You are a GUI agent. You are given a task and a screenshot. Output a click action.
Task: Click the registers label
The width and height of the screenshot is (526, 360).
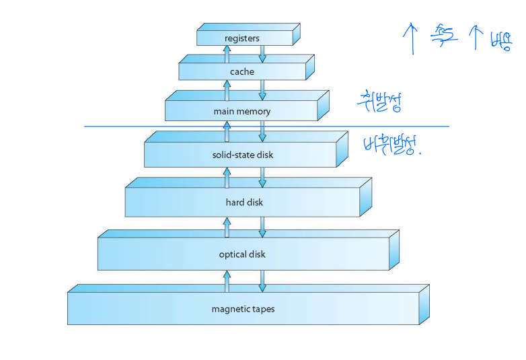click(x=241, y=39)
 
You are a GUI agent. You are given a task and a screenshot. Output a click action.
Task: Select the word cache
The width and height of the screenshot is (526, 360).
click(x=241, y=71)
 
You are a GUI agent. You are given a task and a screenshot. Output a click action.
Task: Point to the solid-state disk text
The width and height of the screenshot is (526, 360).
click(x=243, y=155)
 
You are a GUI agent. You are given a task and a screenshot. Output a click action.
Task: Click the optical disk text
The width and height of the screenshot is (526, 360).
click(x=242, y=254)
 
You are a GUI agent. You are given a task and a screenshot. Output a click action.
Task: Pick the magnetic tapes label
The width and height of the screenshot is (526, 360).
click(x=243, y=310)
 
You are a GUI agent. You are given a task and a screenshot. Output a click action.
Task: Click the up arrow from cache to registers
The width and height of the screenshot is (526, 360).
click(x=227, y=52)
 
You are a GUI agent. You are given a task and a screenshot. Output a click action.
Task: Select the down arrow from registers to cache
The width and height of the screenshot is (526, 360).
click(x=262, y=53)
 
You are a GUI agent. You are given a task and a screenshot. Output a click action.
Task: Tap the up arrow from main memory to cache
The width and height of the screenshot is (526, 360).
click(x=227, y=89)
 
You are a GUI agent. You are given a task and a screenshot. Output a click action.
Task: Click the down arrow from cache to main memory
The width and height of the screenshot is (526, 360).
click(x=262, y=89)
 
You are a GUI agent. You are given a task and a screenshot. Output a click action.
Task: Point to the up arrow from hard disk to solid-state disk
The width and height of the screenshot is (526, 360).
click(x=227, y=176)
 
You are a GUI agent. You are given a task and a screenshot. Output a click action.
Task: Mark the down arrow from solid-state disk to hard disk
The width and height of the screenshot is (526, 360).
click(x=262, y=177)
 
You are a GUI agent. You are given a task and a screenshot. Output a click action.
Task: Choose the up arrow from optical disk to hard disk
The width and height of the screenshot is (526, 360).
click(x=227, y=226)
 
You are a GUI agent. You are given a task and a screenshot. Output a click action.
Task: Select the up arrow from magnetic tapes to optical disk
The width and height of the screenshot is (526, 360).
click(x=227, y=280)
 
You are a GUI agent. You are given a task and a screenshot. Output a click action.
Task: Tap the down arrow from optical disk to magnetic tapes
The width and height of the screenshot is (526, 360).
click(x=262, y=281)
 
